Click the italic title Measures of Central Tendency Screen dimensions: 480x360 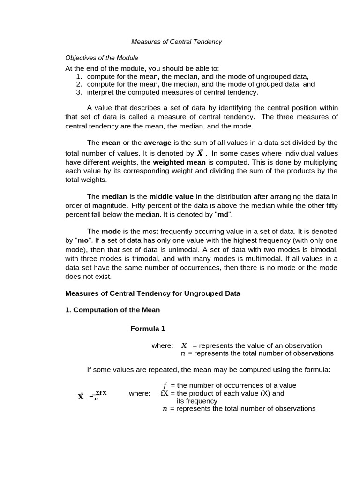click(x=176, y=42)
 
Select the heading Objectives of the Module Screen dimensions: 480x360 click(x=102, y=58)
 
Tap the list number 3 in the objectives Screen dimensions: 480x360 click(x=79, y=92)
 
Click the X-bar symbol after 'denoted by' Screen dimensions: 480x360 click(x=201, y=153)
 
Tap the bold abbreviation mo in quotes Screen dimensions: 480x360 click(x=83, y=241)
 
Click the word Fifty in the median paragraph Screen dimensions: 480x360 click(x=141, y=205)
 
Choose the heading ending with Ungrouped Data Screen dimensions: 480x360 click(x=152, y=293)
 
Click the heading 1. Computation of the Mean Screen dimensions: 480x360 click(x=112, y=310)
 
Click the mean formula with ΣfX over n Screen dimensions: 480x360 click(x=92, y=396)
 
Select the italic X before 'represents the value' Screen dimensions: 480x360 click(x=184, y=346)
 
